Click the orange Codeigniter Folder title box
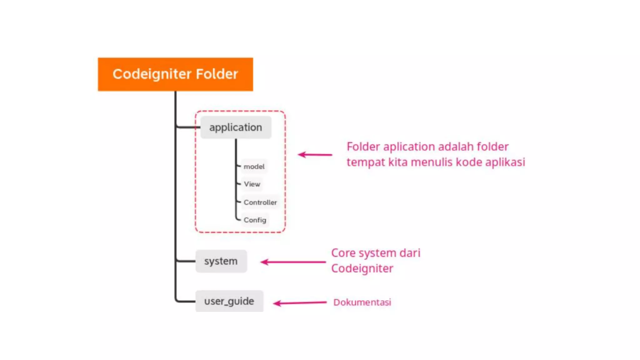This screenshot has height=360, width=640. coord(175,74)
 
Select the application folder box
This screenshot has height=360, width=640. coord(236,127)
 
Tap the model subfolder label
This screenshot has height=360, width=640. coord(254,167)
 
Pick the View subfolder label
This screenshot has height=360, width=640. coord(252,184)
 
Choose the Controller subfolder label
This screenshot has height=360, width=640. coord(260,202)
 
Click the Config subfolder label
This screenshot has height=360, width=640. coord(255,220)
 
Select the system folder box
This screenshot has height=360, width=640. coord(221,261)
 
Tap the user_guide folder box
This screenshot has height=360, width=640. coord(229,301)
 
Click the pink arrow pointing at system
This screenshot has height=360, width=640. coord(293,262)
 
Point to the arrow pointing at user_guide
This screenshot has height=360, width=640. coord(300,303)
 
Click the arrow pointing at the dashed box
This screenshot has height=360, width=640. coord(315,154)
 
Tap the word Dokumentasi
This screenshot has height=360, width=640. coord(362,302)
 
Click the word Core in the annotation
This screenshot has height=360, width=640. coord(343,253)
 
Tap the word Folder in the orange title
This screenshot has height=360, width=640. coord(217,74)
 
